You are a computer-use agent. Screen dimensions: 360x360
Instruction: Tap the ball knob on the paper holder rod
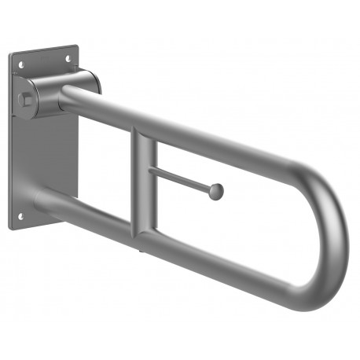pos(216,191)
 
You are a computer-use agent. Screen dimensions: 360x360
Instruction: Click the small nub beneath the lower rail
pos(140,251)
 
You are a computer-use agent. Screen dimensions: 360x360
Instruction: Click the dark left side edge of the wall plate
pos(12,141)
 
